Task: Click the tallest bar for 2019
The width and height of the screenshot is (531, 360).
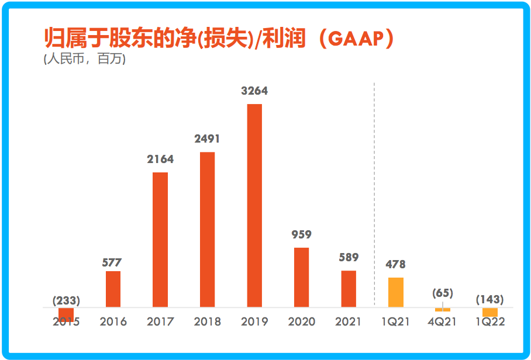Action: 254,205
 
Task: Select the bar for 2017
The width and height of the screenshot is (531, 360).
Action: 160,240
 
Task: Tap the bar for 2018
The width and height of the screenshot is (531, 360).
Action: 207,229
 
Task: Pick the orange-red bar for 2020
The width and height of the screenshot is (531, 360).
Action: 301,277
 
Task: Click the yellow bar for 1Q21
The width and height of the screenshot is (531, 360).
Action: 396,292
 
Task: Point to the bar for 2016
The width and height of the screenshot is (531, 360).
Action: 113,289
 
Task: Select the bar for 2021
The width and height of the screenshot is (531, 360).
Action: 349,289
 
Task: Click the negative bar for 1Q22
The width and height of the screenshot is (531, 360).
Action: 490,312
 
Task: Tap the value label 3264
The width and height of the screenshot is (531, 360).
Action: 254,91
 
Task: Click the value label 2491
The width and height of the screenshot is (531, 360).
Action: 207,139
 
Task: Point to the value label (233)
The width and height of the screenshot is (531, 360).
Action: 66,300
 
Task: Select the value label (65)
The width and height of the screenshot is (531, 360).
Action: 443,293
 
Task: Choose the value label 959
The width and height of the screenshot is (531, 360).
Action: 301,234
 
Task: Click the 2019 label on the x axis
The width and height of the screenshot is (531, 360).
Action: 254,322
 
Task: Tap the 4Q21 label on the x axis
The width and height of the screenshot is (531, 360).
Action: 443,322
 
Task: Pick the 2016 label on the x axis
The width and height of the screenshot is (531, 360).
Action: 113,322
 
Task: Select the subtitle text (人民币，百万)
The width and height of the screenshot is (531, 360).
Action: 85,59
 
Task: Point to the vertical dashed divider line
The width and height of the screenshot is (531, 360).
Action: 374,193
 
